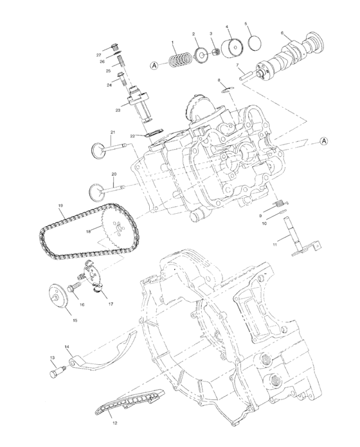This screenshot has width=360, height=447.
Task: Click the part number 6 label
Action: click(x=282, y=33)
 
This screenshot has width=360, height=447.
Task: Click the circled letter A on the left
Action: click(x=154, y=66)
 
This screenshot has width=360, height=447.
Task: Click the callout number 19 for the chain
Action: click(x=60, y=206)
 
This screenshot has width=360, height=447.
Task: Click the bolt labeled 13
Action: click(x=56, y=371)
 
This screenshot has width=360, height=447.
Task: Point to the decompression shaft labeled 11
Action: click(x=292, y=236)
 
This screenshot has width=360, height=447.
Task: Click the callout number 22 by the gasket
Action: click(x=132, y=136)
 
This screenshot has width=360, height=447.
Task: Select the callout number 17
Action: click(x=111, y=304)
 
